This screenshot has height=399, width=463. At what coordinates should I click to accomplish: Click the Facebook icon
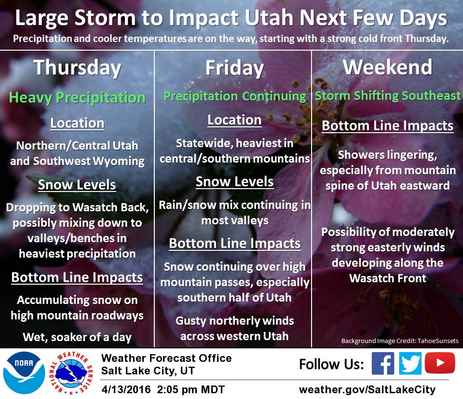382,363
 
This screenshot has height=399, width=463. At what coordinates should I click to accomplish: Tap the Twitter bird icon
410,363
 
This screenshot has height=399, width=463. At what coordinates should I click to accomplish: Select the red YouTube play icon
440,363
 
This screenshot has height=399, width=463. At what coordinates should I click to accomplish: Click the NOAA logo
24,373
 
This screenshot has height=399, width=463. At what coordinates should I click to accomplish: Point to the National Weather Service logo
71,373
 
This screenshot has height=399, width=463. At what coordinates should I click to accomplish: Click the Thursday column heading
77,68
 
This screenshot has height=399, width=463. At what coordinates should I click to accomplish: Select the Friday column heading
234,68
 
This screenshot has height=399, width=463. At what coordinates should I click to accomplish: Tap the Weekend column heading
387,67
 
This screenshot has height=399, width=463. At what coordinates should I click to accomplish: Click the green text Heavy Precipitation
77,97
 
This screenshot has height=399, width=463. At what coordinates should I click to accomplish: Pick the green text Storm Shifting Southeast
388,96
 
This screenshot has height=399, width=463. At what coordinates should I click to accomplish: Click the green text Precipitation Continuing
235,96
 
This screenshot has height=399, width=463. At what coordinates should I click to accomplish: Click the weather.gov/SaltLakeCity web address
367,389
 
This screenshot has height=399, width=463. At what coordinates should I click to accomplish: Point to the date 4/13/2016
126,389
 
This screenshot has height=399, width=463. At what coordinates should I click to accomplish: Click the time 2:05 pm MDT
191,389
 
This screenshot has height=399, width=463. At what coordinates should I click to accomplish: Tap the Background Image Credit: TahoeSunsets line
400,341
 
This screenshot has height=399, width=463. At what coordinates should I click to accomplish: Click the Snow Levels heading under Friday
235,181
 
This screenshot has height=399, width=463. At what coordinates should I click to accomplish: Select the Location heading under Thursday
77,123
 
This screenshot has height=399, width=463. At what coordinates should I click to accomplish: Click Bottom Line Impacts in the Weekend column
387,126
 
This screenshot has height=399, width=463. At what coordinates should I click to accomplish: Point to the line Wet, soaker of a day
77,337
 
